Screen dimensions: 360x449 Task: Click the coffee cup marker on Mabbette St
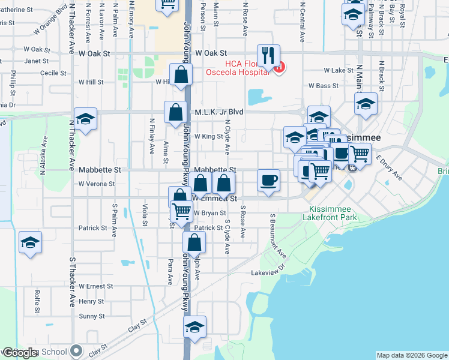[268, 179]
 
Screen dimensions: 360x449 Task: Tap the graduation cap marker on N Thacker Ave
[85, 119]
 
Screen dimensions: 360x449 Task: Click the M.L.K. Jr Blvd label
[217, 112]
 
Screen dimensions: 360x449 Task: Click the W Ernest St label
[96, 286]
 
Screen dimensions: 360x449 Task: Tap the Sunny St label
[92, 316]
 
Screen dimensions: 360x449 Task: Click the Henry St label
[91, 301]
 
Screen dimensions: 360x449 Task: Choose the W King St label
[208, 137]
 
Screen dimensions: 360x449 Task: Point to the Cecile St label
[53, 73]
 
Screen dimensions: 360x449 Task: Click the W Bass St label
[324, 86]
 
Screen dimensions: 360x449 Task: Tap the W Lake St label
[339, 70]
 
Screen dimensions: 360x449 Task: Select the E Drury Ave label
[389, 167]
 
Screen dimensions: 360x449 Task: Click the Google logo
[20, 353]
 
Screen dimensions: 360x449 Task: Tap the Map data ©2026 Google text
[412, 355]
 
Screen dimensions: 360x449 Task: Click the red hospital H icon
[279, 68]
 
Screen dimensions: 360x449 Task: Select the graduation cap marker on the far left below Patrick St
[30, 242]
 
